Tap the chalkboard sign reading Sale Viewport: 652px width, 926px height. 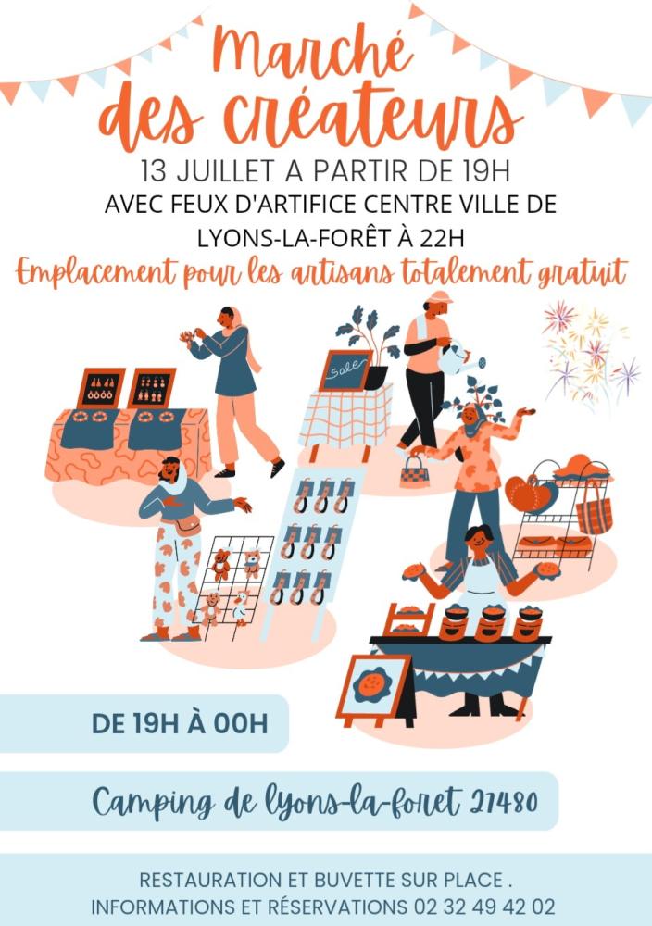pyautogui.click(x=344, y=370)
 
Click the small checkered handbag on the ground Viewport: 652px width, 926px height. pyautogui.click(x=414, y=472)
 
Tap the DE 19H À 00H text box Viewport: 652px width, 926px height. pyautogui.click(x=180, y=722)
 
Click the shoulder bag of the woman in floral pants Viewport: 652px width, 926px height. pyautogui.click(x=188, y=525)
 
